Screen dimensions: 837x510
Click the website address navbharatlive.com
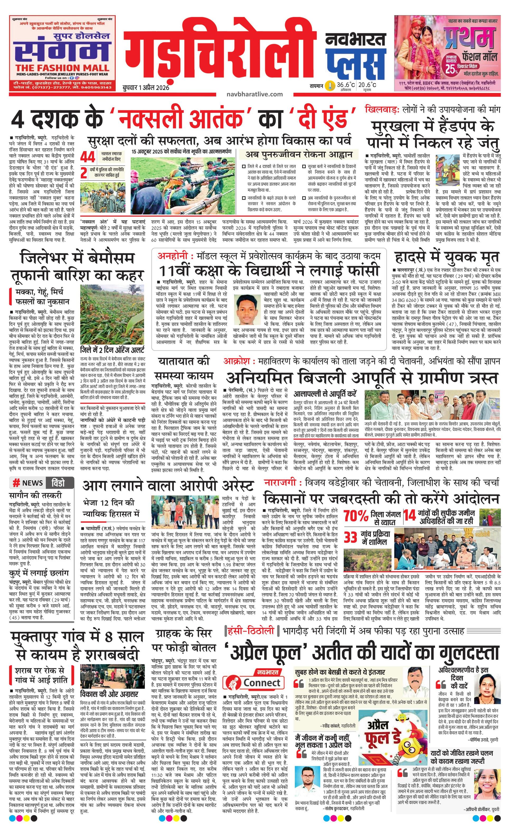(x=254, y=94)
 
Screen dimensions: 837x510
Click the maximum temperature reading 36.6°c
(x=346, y=85)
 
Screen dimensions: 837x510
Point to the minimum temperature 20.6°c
(x=367, y=85)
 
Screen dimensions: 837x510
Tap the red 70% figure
(x=356, y=516)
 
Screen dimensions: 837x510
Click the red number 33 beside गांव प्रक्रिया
(x=351, y=538)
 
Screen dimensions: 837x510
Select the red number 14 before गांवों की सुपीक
(x=410, y=515)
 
